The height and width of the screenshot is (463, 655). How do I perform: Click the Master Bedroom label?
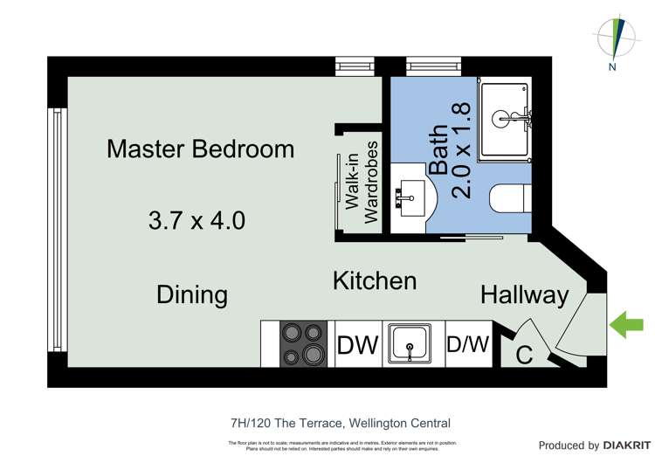click(x=200, y=149)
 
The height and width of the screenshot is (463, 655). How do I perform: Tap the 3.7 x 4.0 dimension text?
click(x=196, y=219)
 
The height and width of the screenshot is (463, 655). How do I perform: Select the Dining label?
click(x=192, y=294)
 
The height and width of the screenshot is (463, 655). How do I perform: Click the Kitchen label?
click(x=374, y=280)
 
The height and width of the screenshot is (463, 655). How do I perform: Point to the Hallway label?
click(x=524, y=295)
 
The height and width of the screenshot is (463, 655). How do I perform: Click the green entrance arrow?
click(x=625, y=327)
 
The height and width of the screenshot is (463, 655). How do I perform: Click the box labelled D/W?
click(x=469, y=344)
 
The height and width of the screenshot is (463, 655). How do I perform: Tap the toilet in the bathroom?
click(x=510, y=199)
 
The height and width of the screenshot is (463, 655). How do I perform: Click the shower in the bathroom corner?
click(x=504, y=118)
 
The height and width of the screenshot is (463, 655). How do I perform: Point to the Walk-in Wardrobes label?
click(x=362, y=183)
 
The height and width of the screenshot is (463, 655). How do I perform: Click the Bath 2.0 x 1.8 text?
click(x=451, y=150)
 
